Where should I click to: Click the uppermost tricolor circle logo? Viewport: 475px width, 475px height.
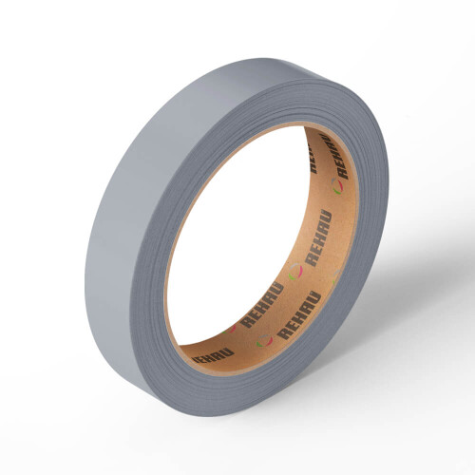pyautogui.click(x=337, y=186)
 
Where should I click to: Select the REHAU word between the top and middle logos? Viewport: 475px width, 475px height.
pyautogui.click(x=318, y=237)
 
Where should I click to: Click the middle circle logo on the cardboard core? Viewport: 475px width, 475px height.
pyautogui.click(x=295, y=272)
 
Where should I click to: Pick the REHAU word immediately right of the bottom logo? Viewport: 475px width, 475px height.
pyautogui.click(x=298, y=315)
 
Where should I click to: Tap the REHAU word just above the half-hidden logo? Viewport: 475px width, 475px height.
pyautogui.click(x=261, y=305)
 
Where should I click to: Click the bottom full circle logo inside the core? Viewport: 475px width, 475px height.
pyautogui.click(x=264, y=341)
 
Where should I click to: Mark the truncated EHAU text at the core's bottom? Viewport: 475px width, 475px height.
pyautogui.click(x=213, y=355)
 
